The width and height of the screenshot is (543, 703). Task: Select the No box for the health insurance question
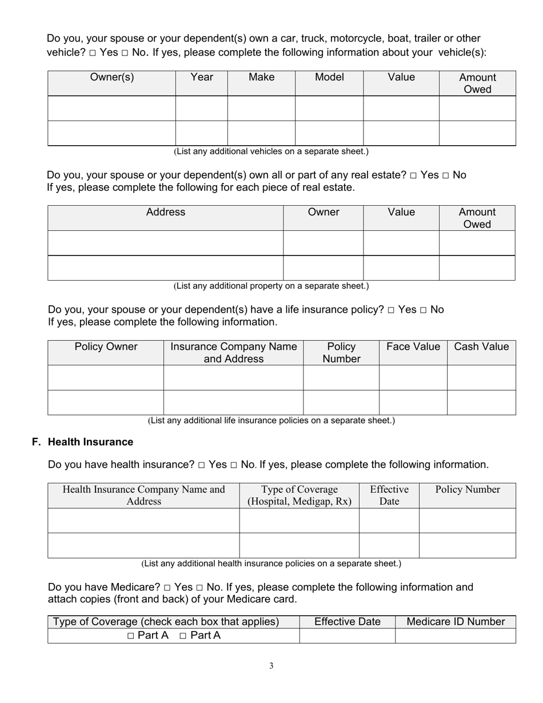tap(234, 465)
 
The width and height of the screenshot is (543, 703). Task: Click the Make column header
tap(261, 77)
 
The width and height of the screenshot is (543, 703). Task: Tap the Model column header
tap(329, 77)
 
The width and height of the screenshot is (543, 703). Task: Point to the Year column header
tap(201, 77)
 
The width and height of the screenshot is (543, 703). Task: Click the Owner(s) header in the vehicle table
tap(112, 77)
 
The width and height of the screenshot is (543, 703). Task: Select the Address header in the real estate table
tap(166, 212)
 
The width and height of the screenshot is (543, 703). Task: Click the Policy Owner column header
tap(106, 347)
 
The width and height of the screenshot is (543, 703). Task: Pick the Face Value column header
tap(413, 347)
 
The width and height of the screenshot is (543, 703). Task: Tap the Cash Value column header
tap(481, 347)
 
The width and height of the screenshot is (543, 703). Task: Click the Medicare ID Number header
tap(456, 622)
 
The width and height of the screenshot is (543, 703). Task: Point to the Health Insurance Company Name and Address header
tap(143, 496)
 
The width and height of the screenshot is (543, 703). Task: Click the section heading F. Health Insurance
tap(83, 442)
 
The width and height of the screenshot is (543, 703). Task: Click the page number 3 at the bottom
tap(271, 665)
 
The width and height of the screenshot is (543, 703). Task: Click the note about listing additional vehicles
tap(271, 151)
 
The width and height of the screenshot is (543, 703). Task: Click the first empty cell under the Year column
tap(201, 109)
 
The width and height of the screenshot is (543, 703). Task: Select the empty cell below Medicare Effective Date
tap(347, 636)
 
